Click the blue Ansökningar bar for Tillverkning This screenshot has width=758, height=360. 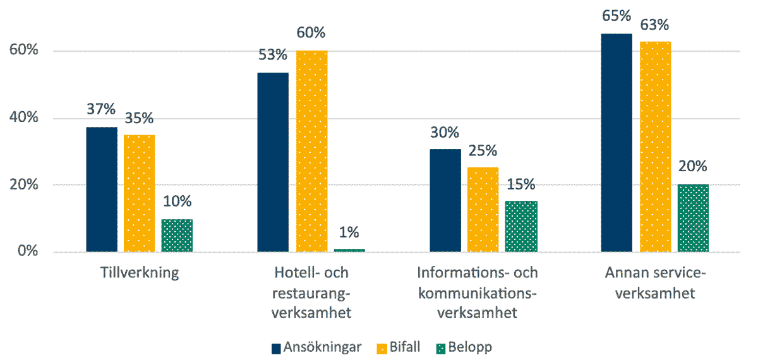coord(102,189)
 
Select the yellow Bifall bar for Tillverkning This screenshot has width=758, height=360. coord(139,193)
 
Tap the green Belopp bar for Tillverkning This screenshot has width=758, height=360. coord(177,236)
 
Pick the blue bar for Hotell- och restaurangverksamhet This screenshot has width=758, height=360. coord(273,162)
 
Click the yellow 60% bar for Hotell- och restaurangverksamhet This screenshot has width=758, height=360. coord(311,151)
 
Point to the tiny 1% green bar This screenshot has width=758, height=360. coord(349,250)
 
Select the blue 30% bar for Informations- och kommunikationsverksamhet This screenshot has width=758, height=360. coord(445,200)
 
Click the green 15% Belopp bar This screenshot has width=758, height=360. coord(521,227)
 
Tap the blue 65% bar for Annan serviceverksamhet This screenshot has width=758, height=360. coord(617,143)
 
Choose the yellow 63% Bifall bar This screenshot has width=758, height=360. coord(655,147)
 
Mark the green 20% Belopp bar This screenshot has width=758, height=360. coord(693,218)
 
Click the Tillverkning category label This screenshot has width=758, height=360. coord(139,273)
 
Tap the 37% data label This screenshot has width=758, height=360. coord(101,109)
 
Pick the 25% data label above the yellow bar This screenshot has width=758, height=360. coord(483,151)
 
